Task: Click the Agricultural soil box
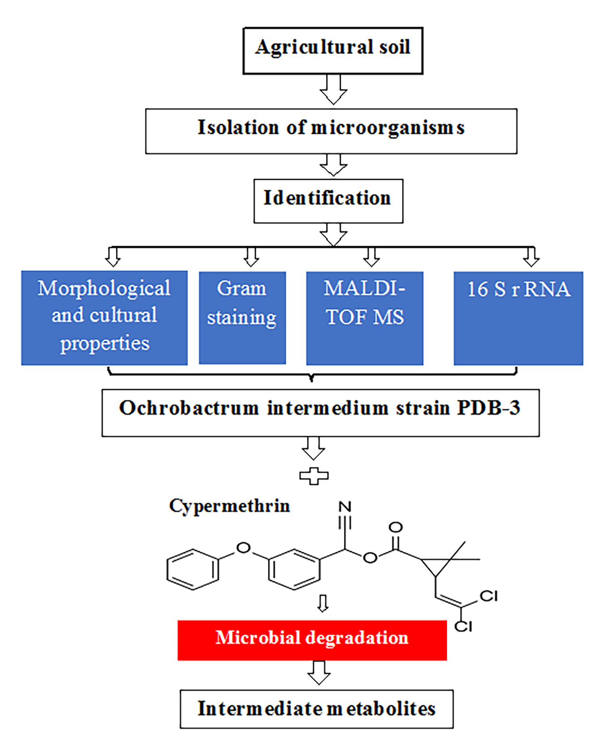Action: coord(333,51)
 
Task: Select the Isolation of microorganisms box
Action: coord(331,131)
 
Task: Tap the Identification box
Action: coord(328,201)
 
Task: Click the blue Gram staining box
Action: coord(242,317)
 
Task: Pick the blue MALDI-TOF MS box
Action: coord(364,318)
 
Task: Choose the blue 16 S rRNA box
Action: coord(518,318)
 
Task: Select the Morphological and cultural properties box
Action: coord(104,317)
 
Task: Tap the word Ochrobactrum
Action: coord(189,408)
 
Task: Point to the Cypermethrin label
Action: coord(229,506)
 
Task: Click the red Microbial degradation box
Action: coord(312,640)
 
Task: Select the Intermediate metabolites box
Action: coord(317,709)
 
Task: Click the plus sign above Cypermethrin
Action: coord(314,476)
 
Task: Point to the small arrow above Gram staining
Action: coord(251,256)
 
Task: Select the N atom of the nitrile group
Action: coord(345,507)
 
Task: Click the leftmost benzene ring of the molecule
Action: coord(193,570)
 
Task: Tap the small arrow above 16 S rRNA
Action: coord(531,256)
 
